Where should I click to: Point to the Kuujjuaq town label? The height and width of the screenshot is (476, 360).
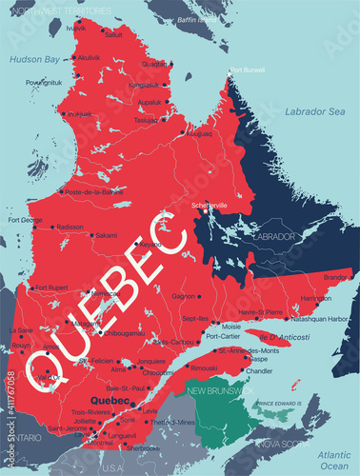[x=197, y=134]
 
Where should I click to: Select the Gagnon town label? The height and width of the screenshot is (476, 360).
[x=184, y=295]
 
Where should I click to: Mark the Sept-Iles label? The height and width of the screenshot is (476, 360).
[x=194, y=318]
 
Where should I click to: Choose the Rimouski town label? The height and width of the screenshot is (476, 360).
[x=203, y=367]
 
